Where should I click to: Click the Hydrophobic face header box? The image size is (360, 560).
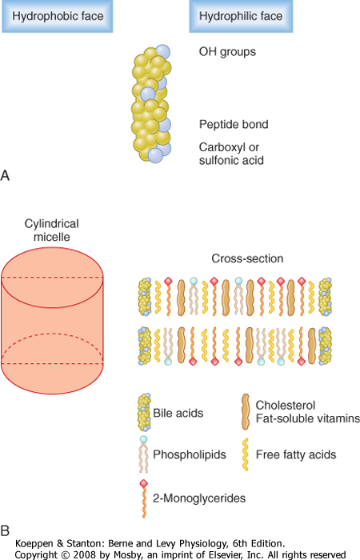tap(58, 16)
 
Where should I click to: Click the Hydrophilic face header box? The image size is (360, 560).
tap(241, 16)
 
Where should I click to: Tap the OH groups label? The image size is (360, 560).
tap(227, 52)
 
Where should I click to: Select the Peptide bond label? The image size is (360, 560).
tap(234, 124)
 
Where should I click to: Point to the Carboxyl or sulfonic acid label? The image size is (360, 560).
tap(231, 154)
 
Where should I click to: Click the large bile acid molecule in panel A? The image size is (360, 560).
tap(151, 103)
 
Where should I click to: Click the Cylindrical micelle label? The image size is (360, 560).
tap(52, 230)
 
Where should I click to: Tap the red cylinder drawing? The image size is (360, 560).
tap(52, 320)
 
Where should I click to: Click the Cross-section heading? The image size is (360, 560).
tap(247, 258)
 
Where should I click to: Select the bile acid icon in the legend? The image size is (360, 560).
tap(144, 412)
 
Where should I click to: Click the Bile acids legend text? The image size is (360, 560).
tap(178, 414)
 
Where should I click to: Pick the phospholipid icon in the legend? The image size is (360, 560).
tap(143, 454)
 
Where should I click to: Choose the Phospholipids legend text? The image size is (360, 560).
tap(190, 454)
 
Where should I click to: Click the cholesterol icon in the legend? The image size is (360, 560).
tap(246, 412)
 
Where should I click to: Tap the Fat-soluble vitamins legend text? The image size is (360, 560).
tap(307, 418)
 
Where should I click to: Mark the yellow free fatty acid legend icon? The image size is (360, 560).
tap(246, 454)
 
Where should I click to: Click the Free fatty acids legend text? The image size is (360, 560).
tap(296, 454)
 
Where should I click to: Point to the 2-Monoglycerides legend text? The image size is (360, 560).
tap(199, 498)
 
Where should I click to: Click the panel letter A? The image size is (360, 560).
tap(5, 175)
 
